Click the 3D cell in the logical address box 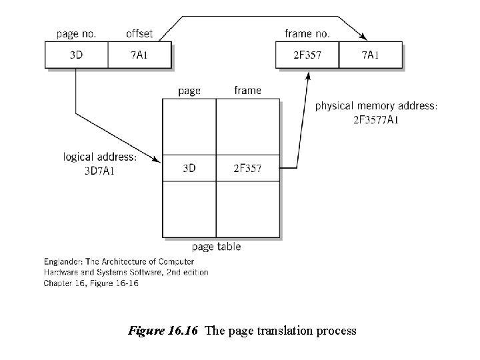click(x=77, y=55)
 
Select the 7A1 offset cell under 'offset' click(x=139, y=55)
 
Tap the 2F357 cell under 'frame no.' click(x=307, y=55)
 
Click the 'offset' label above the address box click(x=139, y=33)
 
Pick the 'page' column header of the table click(x=189, y=91)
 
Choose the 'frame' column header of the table click(x=247, y=90)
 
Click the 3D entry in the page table click(x=189, y=169)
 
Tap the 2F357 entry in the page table click(x=247, y=169)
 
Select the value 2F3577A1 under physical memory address click(x=377, y=120)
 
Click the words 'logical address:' click(x=100, y=157)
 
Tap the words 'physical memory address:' click(x=377, y=107)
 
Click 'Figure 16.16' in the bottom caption click(x=163, y=330)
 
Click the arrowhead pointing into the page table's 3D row click(x=157, y=161)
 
